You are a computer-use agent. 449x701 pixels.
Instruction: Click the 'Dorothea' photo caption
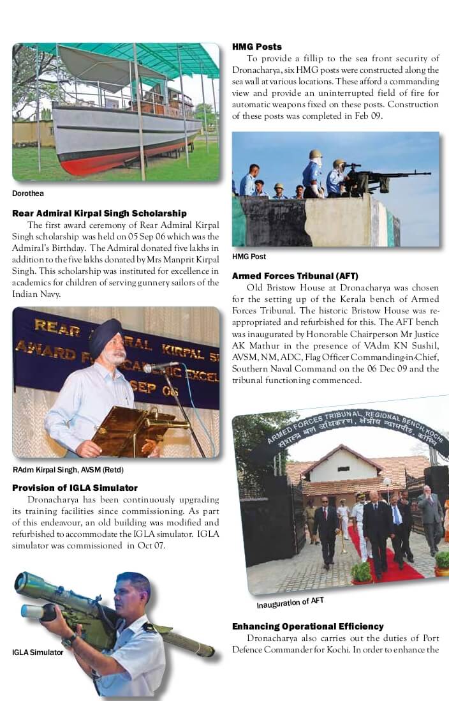[28, 193]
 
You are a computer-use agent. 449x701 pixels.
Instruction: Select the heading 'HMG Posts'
[256, 47]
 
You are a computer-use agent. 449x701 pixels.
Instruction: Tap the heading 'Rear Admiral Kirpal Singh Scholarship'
[99, 213]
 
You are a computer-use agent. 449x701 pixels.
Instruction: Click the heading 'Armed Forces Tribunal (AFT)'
[295, 276]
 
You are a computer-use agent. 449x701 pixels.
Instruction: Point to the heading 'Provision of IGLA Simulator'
[75, 488]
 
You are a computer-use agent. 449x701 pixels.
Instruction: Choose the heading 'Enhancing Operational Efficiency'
[307, 626]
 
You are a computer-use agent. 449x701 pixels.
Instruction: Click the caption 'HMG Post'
[249, 257]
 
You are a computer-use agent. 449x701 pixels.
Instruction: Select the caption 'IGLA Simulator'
[38, 652]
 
